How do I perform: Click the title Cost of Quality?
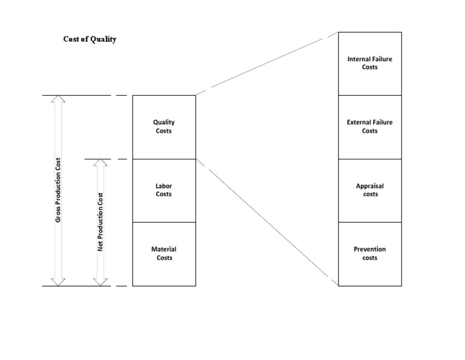[90, 39]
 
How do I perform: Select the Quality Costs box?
[164, 127]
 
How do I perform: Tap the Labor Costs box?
[164, 190]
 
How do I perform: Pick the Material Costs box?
[164, 254]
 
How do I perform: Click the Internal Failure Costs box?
[369, 63]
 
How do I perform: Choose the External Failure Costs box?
[369, 127]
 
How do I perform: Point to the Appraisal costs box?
[369, 190]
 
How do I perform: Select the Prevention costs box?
[369, 254]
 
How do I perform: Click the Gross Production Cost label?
[59, 190]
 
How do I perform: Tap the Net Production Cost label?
[101, 222]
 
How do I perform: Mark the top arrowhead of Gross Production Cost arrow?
[58, 99]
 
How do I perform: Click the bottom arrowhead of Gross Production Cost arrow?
[58, 282]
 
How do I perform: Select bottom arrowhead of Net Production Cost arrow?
[101, 282]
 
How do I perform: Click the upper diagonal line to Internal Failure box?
[266, 64]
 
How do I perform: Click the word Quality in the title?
[104, 39]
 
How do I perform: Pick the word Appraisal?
[369, 186]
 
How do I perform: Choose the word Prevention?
[369, 249]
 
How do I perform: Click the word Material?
[164, 249]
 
